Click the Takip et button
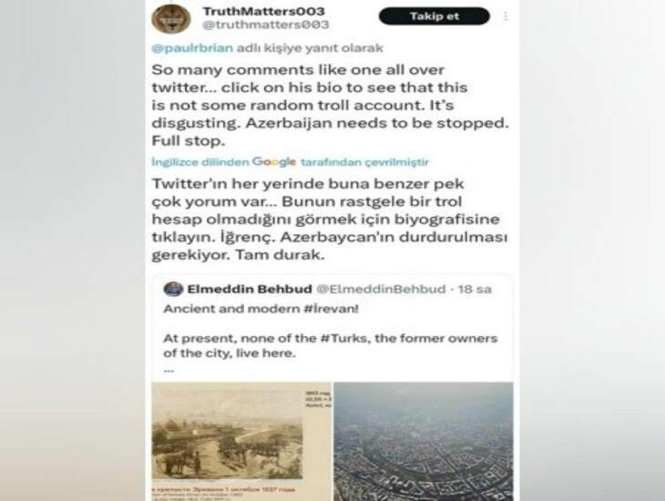(x=434, y=16)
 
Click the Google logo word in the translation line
(x=274, y=161)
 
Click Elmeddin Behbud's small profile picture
(x=171, y=289)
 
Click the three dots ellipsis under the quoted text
(x=169, y=370)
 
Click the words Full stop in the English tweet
(x=182, y=142)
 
